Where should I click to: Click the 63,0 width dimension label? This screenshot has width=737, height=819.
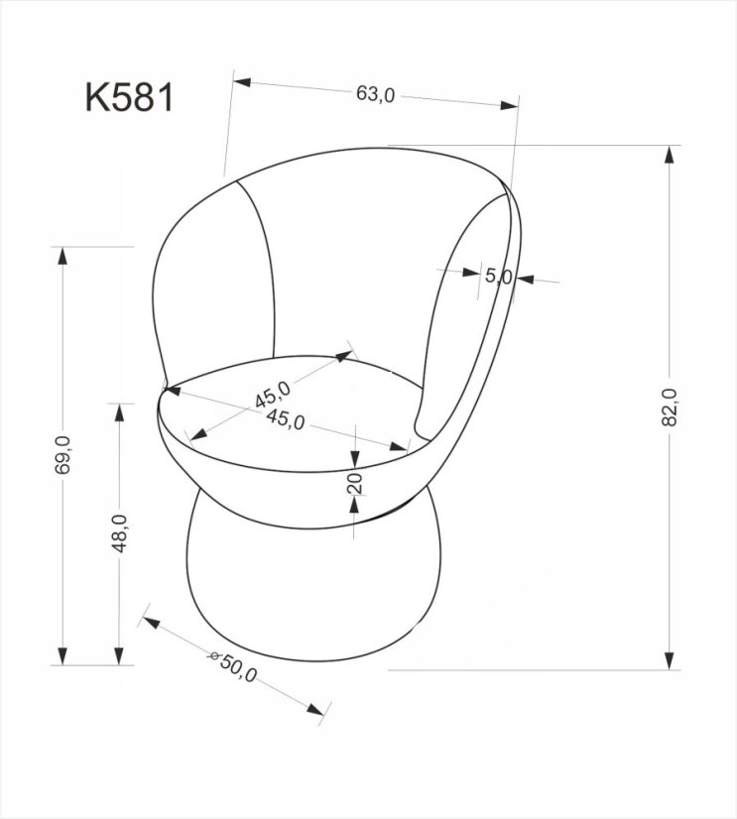click(x=376, y=94)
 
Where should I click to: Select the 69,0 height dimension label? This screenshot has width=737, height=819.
click(x=62, y=455)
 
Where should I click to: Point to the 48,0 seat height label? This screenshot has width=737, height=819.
click(x=118, y=534)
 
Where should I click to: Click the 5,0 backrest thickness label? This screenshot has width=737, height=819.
click(x=497, y=277)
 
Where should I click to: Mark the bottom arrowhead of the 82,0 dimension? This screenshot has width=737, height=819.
click(x=673, y=662)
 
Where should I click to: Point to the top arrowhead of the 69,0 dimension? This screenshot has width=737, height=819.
click(x=63, y=252)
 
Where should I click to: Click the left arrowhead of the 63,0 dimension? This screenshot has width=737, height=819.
click(x=238, y=78)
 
